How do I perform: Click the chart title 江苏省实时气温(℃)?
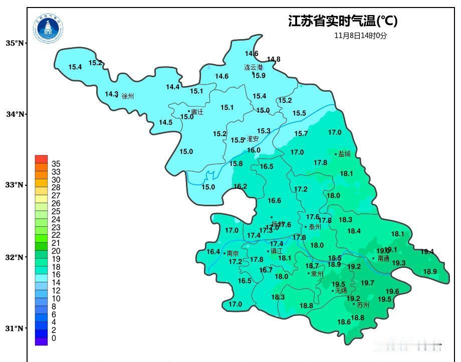[343, 21]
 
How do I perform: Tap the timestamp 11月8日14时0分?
[361, 36]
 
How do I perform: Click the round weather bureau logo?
[49, 29]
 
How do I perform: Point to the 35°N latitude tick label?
[15, 44]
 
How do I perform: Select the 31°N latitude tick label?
[15, 328]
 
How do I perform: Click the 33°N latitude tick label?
[15, 185]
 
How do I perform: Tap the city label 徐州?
[128, 96]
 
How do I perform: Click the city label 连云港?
[254, 67]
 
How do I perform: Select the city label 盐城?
[345, 154]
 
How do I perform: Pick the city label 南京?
[233, 253]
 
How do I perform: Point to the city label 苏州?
[363, 304]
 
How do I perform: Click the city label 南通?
[383, 259]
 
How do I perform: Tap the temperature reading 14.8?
[274, 59]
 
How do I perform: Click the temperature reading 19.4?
[427, 252]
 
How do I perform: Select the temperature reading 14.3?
[111, 94]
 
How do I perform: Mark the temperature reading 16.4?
[213, 252]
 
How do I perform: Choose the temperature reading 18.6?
[344, 322]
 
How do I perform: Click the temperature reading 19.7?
[367, 283]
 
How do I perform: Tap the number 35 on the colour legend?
[56, 164]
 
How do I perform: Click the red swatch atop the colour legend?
[41, 159]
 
